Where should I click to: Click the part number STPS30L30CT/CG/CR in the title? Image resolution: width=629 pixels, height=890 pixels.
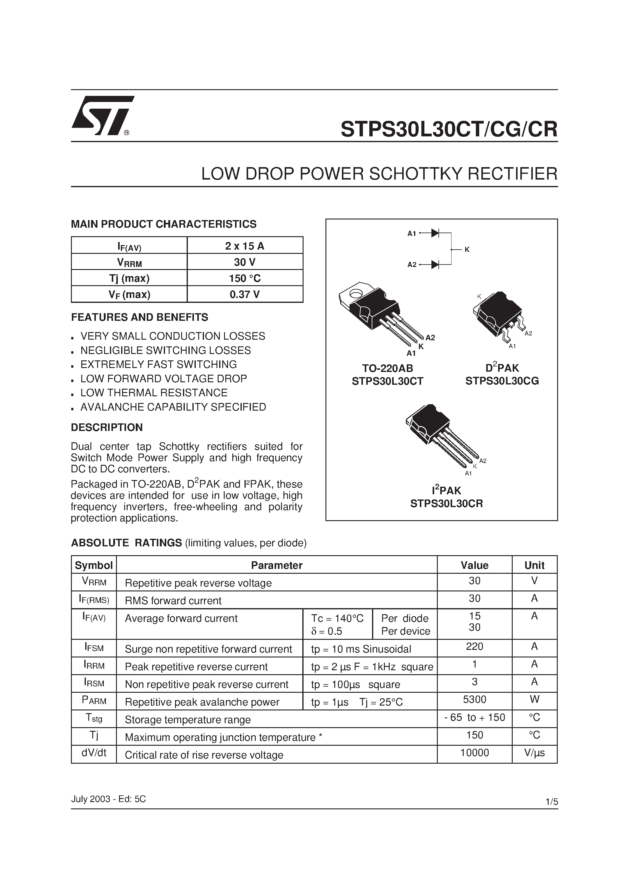(449, 129)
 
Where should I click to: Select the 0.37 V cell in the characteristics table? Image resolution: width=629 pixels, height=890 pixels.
(245, 295)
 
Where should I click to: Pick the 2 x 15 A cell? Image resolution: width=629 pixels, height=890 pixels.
(245, 246)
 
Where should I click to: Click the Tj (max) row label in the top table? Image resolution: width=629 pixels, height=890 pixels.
(129, 278)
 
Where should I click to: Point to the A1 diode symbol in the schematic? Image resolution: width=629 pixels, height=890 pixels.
(435, 233)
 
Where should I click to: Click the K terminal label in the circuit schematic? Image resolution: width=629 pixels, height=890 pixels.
(467, 250)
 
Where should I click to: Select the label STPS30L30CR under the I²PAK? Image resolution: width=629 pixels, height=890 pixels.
(446, 503)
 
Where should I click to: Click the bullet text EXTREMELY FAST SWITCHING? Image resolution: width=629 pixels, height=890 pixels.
(158, 364)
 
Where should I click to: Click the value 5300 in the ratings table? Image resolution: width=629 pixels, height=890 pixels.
(474, 699)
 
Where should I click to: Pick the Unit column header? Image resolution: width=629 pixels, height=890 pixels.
(534, 565)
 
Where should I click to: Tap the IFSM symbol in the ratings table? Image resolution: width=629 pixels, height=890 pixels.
(94, 647)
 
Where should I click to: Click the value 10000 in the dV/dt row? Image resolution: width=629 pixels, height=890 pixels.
(474, 753)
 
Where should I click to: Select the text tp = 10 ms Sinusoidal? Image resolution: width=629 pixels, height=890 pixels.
(361, 649)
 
